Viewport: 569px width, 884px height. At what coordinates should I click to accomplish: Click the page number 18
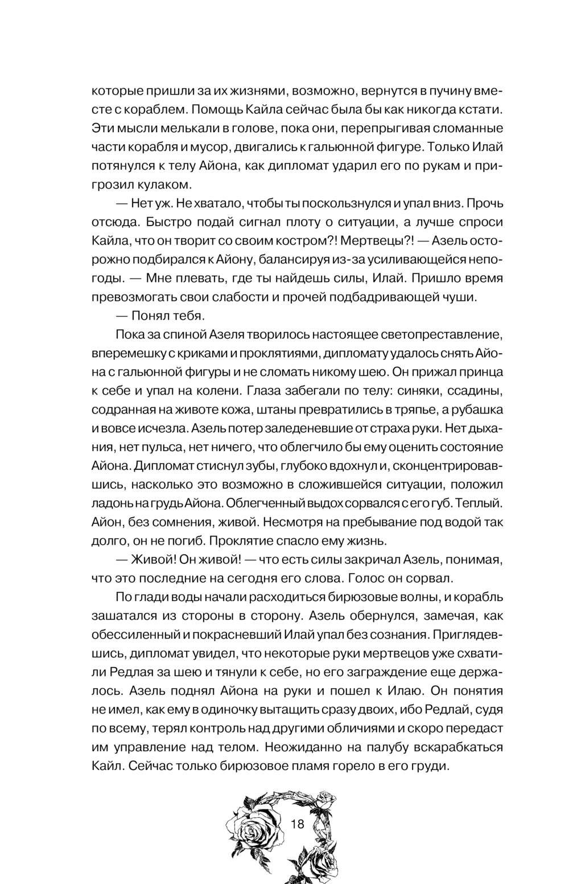(x=298, y=824)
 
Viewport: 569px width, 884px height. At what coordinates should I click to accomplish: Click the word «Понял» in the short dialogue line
(x=150, y=316)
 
